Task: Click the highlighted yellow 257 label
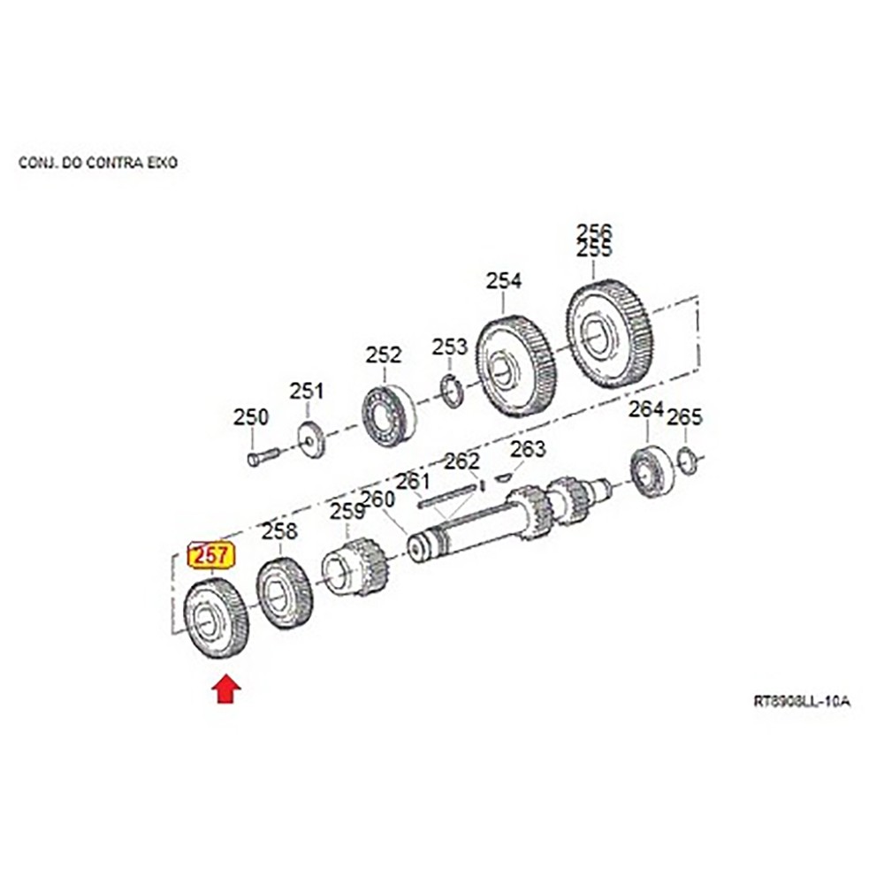tap(211, 556)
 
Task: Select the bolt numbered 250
tap(263, 455)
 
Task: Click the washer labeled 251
tap(310, 439)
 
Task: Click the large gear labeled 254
tap(514, 365)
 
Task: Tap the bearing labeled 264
tap(652, 471)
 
